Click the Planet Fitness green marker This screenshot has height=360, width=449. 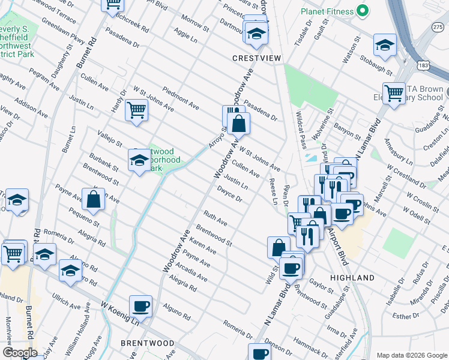pos(362,10)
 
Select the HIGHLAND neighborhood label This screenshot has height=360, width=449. pos(352,278)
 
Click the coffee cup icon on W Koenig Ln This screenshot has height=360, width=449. pos(141,306)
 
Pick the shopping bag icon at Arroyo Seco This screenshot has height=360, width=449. pos(238,124)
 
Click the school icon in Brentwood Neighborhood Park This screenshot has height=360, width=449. pos(139,160)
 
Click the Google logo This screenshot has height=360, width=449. pos(20,353)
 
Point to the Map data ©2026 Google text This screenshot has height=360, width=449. pos(411,355)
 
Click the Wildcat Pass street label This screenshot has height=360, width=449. pos(301,129)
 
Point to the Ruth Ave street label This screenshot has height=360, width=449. pos(215,218)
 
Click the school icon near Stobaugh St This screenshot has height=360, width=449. pos(384,44)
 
